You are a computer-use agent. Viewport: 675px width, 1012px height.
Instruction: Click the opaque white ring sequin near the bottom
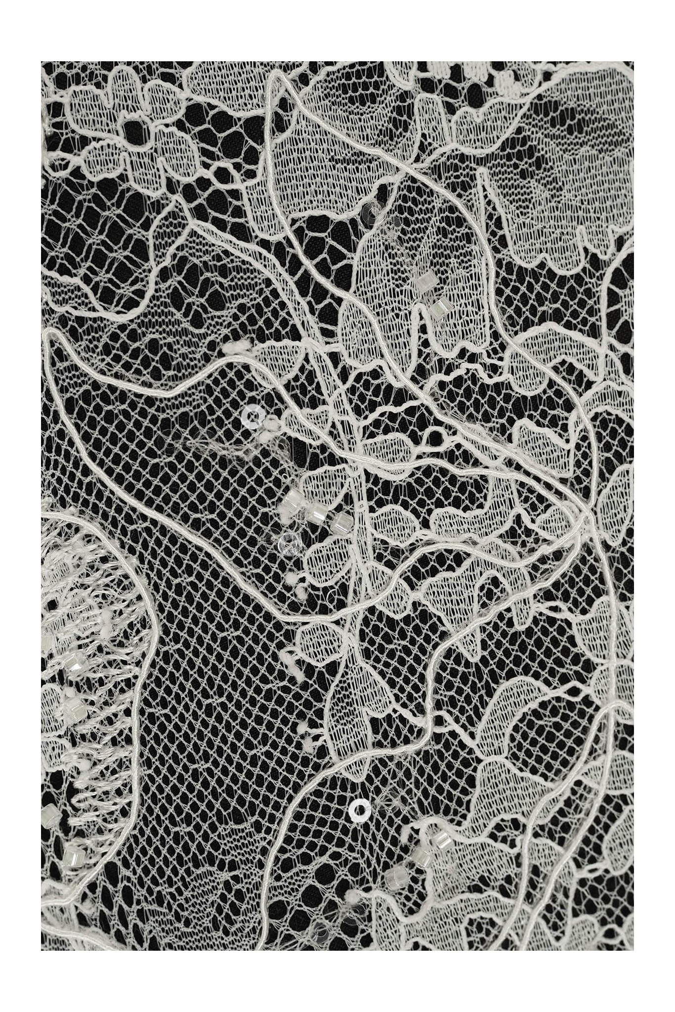pos(360,809)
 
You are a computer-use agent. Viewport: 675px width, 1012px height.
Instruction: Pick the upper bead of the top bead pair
pos(424,284)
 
